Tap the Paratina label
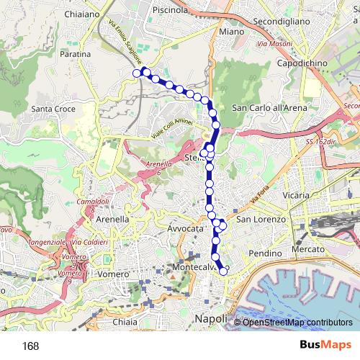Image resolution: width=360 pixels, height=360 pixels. [76, 54]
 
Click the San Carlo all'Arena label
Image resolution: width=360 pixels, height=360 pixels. [269, 107]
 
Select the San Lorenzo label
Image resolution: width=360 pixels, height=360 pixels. [262, 219]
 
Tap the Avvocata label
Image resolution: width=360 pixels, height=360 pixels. [186, 228]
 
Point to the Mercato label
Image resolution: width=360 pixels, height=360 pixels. [308, 248]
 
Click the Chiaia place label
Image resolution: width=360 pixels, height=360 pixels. [125, 323]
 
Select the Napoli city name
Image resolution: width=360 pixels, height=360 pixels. [212, 318]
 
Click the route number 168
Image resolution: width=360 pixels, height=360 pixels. [30, 346]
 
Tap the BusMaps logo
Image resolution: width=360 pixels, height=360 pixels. [327, 346]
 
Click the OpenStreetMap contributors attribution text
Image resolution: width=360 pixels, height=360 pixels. [297, 323]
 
